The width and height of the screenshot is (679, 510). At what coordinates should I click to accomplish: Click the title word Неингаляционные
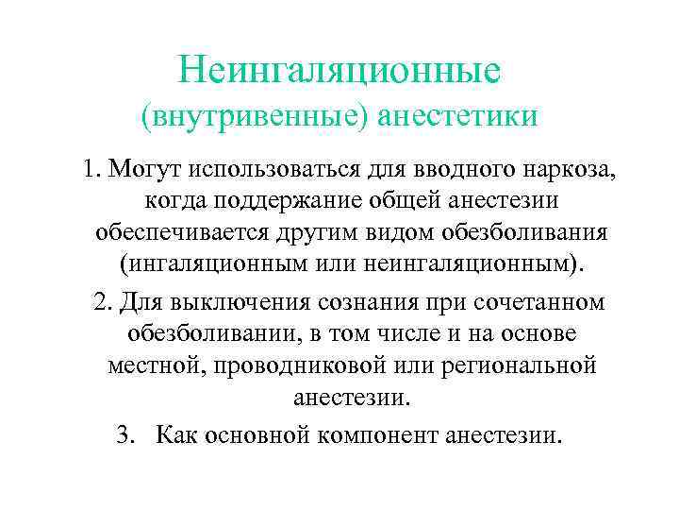click(339, 69)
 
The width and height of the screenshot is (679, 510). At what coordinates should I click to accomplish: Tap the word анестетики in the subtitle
click(458, 116)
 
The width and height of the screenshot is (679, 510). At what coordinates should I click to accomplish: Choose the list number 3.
click(124, 433)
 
